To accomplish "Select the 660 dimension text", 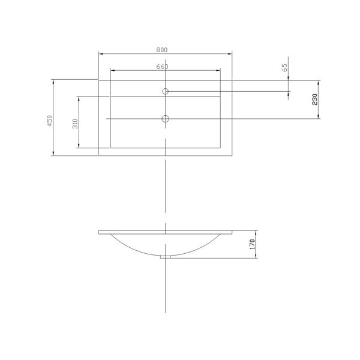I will click(x=162, y=66).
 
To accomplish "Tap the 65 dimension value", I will click(x=285, y=68).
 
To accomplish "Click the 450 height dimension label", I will click(x=50, y=120).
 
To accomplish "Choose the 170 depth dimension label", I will click(x=253, y=244).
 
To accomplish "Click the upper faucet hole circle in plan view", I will click(x=166, y=91).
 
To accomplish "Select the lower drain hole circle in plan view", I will click(x=166, y=118).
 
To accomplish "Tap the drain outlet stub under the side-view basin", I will click(x=166, y=257).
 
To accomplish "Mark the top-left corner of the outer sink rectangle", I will click(x=98, y=80).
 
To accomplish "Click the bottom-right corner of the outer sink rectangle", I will click(x=233, y=156).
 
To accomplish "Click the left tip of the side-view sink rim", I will click(x=99, y=232).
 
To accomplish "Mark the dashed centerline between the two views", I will click(x=166, y=192).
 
